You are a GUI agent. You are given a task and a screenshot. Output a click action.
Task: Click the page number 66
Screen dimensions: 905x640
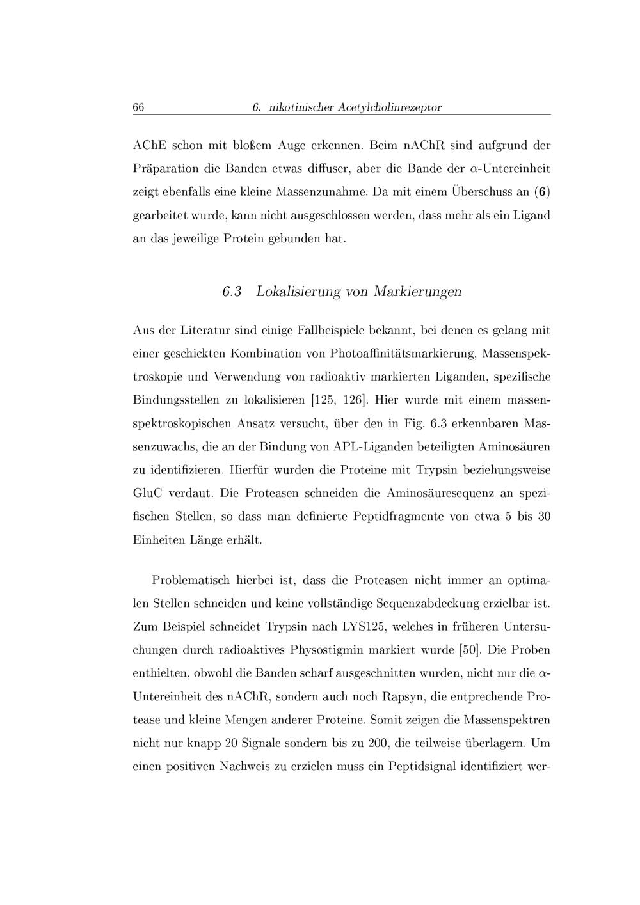click(138, 107)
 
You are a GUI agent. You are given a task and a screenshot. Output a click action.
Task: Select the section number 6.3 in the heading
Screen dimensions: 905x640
click(232, 292)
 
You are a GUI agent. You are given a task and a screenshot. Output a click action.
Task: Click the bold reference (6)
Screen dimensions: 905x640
click(543, 191)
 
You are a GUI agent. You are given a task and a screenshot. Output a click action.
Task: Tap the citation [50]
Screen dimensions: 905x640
click(470, 650)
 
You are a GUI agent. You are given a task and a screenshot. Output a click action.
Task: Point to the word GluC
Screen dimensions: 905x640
click(148, 493)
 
